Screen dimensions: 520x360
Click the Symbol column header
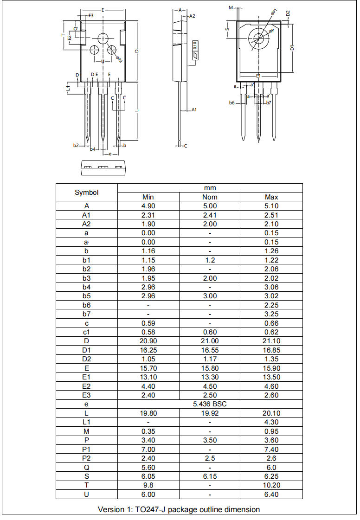pos(87,192)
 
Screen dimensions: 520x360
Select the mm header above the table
pos(210,188)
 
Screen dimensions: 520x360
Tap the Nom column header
pos(210,197)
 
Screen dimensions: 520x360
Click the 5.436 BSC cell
pos(210,404)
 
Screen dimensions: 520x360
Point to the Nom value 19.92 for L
pos(210,413)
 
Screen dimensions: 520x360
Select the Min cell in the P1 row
pos(148,449)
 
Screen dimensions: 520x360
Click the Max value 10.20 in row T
pos(271,485)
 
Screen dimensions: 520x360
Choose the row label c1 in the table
pos(87,332)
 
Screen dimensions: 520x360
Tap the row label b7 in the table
pos(87,314)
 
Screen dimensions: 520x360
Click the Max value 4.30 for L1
pos(271,422)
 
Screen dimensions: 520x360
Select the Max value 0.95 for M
pos(271,431)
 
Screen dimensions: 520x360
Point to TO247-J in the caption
pos(150,509)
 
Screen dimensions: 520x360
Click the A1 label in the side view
pos(194,110)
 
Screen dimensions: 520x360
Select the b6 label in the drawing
pos(231,103)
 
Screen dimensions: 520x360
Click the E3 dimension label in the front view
pos(91,16)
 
